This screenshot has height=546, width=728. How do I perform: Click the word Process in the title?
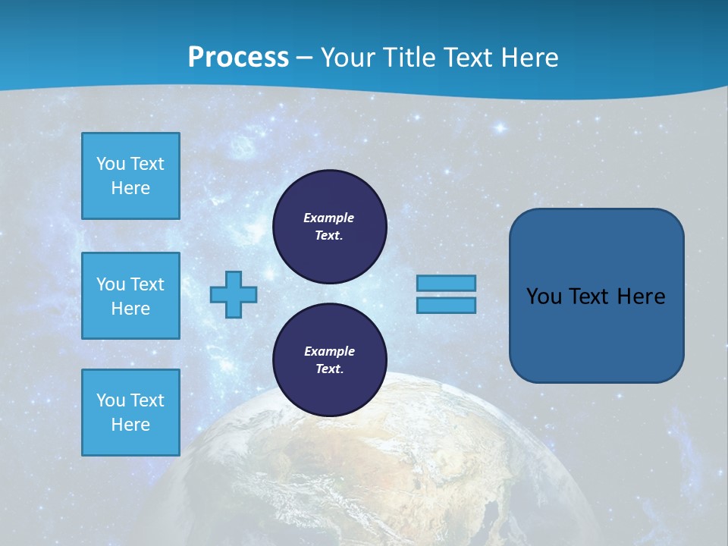tap(238, 58)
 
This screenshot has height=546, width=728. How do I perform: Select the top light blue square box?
tap(130, 176)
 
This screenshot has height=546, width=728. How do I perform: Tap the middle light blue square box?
tap(130, 296)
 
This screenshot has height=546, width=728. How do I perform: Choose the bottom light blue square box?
tap(130, 413)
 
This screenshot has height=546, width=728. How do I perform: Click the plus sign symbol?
tap(234, 294)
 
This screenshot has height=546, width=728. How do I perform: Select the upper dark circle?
tap(329, 227)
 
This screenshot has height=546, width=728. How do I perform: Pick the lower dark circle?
tap(329, 360)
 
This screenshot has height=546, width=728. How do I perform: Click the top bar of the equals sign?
tap(446, 283)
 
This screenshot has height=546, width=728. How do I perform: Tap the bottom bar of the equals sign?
tap(446, 305)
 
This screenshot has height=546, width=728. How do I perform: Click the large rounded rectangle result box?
tap(596, 296)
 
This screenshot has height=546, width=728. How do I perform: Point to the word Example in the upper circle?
tap(329, 218)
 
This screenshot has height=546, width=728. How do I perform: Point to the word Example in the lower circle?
tap(329, 351)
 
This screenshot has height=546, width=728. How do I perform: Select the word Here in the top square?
tap(130, 188)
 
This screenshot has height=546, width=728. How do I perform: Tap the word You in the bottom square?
tap(111, 400)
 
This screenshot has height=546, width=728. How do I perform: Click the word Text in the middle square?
tap(147, 284)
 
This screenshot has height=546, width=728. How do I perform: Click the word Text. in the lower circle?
tap(329, 369)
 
